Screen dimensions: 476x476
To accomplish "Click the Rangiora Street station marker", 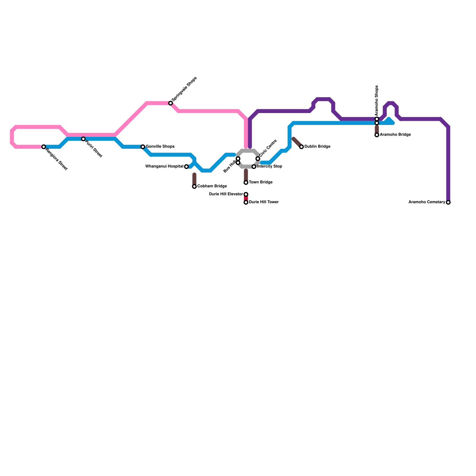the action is (44, 147).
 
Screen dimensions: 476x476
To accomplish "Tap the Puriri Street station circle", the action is (83, 139).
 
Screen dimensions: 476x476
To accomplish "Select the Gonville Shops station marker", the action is (143, 147).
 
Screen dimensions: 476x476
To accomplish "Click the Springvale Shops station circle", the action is (170, 103).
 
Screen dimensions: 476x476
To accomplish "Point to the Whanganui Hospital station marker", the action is (186, 167).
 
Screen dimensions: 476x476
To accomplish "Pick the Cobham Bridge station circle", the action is (194, 187).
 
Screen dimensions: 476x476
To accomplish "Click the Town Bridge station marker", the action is (246, 182).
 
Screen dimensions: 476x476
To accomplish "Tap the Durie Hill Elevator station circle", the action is (246, 194).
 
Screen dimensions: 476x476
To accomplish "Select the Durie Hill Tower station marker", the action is (246, 202).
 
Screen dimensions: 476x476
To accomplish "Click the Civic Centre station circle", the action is (258, 159).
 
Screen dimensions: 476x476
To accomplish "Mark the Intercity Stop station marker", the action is (254, 167).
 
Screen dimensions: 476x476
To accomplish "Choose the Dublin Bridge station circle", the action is (301, 147).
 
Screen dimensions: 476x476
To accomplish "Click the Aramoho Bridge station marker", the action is (377, 135).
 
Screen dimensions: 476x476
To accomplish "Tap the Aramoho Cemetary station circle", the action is (448, 202).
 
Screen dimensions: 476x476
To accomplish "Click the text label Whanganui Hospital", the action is (164, 167).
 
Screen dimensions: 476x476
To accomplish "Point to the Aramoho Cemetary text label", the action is (427, 202).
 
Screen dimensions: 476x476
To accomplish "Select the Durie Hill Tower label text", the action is (264, 202).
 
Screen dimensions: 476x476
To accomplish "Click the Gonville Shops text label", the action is (160, 147).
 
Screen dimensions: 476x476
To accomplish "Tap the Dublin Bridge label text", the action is (317, 147).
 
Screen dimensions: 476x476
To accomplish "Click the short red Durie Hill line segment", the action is (246, 198).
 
